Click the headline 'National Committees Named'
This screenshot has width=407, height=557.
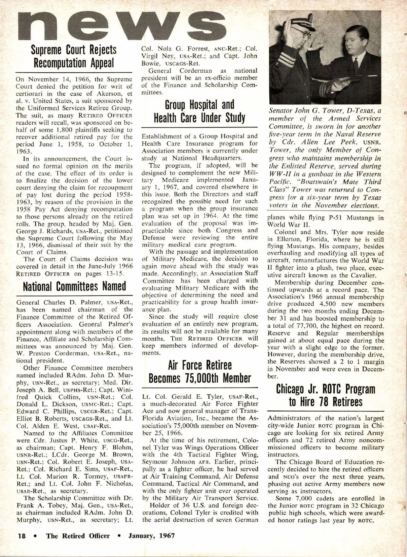pyautogui.click(x=74, y=286)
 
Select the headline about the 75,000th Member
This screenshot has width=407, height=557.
pyautogui.click(x=199, y=372)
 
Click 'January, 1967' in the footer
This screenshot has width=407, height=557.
pyautogui.click(x=151, y=536)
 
